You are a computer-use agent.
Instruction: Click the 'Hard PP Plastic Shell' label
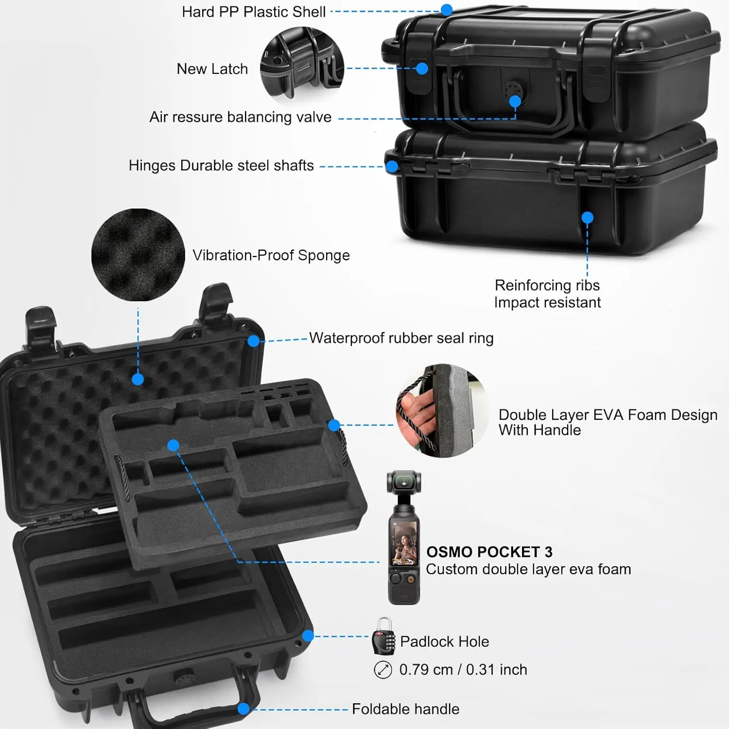253,12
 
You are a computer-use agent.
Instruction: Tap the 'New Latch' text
212,69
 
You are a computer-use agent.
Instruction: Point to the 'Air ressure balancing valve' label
240,117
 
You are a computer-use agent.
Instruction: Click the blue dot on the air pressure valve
515,101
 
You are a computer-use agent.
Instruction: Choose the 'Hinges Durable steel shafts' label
221,166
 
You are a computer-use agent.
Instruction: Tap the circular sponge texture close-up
138,255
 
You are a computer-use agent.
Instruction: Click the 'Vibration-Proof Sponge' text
271,255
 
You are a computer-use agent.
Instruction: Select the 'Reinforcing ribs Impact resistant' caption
547,294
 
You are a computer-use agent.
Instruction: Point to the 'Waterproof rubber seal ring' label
401,338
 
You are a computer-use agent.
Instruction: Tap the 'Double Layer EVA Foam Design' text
607,415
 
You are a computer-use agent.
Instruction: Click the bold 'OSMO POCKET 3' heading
489,552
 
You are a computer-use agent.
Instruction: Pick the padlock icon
383,637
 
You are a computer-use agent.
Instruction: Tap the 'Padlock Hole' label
444,642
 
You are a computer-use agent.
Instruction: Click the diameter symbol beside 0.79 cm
383,670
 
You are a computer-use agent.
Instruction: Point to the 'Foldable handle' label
405,709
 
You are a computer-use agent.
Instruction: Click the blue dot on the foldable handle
243,709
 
